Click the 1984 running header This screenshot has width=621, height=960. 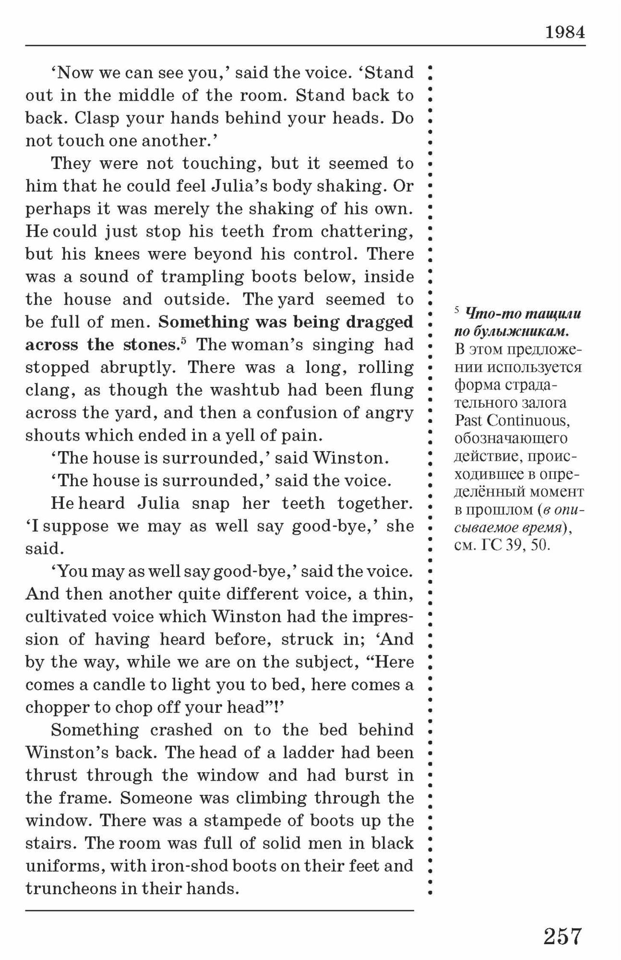(x=565, y=32)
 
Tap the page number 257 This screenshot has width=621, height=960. (x=562, y=936)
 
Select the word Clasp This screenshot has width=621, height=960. (x=96, y=118)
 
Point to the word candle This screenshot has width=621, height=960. (x=118, y=684)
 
